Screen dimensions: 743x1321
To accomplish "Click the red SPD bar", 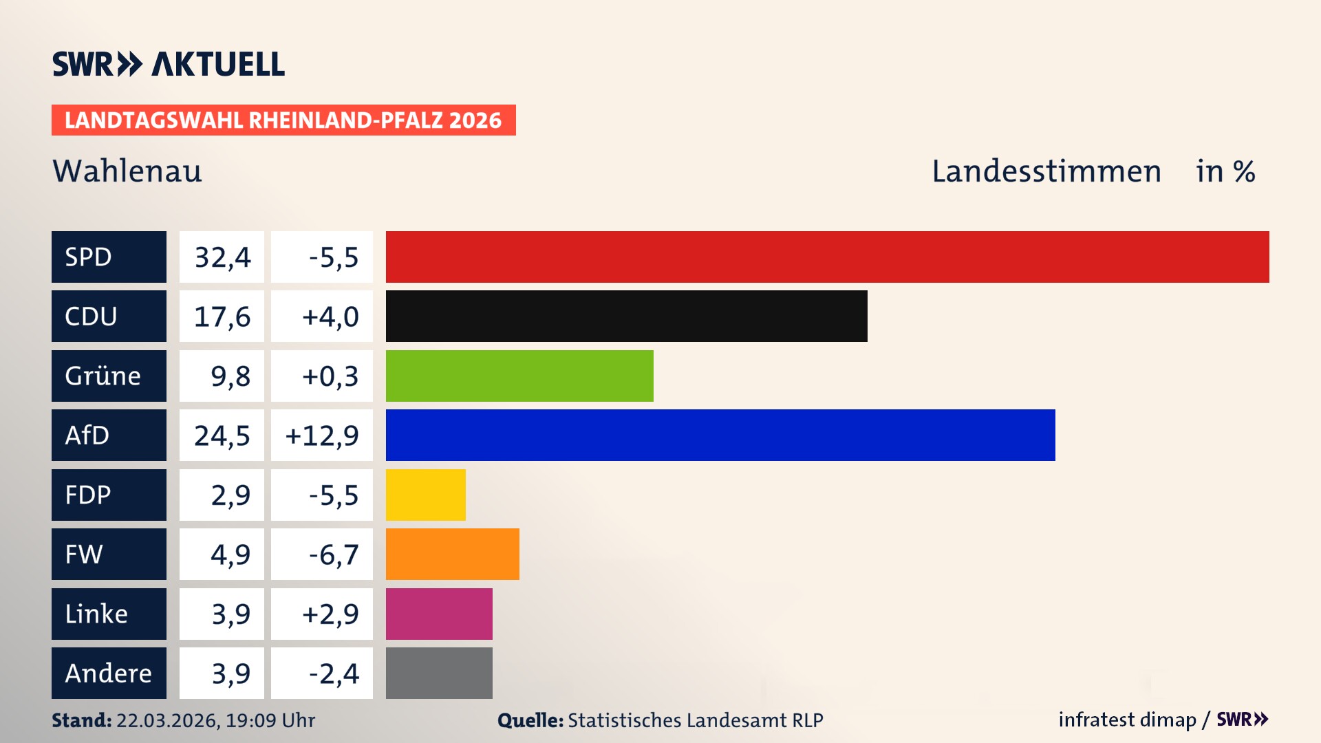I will [x=827, y=257].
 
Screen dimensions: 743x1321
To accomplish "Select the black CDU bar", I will [x=626, y=316].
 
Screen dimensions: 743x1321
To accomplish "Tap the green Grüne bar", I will [x=519, y=376].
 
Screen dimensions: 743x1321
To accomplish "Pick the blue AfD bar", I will [x=720, y=435].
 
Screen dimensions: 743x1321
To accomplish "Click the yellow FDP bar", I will [x=425, y=495].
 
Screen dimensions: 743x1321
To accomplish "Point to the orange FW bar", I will [x=452, y=554].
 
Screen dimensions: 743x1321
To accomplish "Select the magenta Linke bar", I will [x=439, y=614].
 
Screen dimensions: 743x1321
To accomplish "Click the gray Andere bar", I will [x=439, y=673].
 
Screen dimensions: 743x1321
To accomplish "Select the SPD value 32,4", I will [x=222, y=257].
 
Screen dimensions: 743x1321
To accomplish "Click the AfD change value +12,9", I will [x=322, y=435].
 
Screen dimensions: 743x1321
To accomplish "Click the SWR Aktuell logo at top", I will [x=168, y=64].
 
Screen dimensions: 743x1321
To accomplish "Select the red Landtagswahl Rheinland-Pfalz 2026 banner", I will [x=283, y=120].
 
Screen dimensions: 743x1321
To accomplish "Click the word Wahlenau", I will [x=127, y=171].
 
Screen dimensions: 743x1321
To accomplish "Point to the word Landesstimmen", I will [x=1046, y=171].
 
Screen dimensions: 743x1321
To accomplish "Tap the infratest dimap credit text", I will [x=1127, y=720].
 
